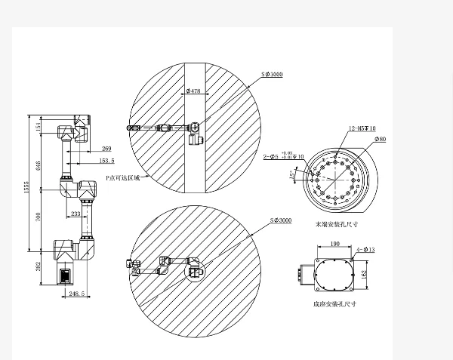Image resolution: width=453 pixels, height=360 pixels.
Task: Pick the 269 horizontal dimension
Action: pos(106,149)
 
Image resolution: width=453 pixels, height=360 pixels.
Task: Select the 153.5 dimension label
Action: pos(106,160)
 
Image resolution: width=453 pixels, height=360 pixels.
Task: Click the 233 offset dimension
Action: pos(76,214)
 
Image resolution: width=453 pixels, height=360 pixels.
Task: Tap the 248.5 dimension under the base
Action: pos(76,293)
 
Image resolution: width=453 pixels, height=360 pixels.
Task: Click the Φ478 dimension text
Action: pos(193,91)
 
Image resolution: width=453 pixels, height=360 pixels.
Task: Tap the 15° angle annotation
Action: pos(293,174)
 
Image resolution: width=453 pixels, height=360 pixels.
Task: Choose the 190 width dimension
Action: pos(334,245)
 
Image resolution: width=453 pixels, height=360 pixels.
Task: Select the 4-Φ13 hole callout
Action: pos(365,248)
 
